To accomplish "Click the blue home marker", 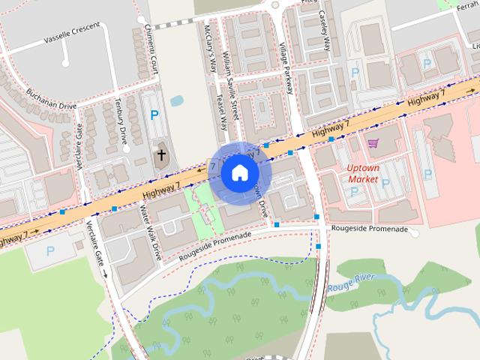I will point(238,172).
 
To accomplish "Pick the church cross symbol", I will point(160,156).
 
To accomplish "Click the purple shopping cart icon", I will point(373,142).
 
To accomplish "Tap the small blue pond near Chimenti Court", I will point(178,100).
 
